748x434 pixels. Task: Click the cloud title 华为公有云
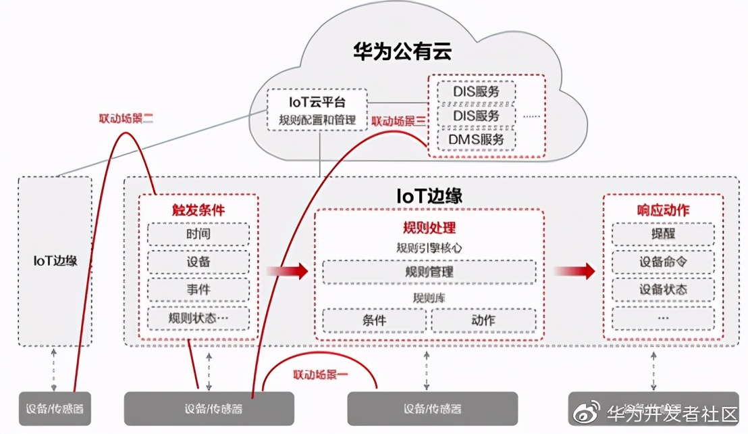click(402, 51)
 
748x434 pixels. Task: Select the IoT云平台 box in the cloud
click(317, 111)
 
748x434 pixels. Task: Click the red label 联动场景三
click(399, 122)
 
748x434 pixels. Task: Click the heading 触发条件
click(198, 210)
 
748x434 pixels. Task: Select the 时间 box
click(198, 234)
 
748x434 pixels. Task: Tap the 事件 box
click(198, 289)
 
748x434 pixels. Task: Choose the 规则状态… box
click(198, 317)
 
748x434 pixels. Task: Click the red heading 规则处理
click(429, 227)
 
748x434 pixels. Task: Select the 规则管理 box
click(429, 272)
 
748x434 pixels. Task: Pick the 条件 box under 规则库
click(374, 320)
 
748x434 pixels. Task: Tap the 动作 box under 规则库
click(483, 320)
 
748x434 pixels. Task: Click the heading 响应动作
click(663, 210)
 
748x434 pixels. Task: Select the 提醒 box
click(663, 234)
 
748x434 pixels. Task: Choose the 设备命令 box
click(663, 262)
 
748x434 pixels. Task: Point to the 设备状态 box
click(663, 289)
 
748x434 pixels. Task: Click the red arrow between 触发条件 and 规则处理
click(287, 271)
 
